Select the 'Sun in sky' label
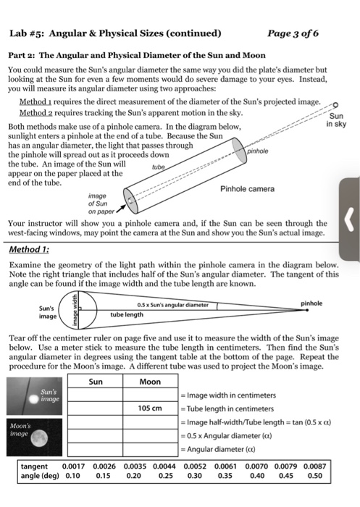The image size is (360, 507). [337, 120]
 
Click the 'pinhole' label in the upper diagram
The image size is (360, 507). [258, 152]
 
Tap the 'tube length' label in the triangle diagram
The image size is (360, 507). [127, 316]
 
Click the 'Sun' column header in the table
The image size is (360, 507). [96, 381]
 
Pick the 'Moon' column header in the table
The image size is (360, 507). [150, 381]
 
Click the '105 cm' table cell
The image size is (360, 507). [150, 408]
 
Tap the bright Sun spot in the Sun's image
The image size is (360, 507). [31, 398]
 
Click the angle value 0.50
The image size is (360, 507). [314, 477]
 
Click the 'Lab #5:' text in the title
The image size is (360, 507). [27, 33]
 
